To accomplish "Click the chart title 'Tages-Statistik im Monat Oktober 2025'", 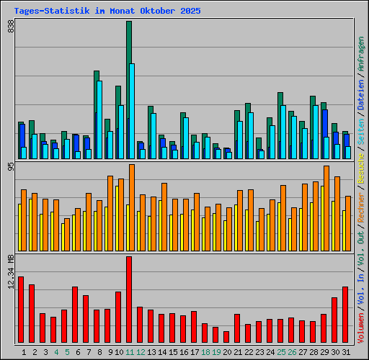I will [x=107, y=12].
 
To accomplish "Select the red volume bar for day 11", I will [x=129, y=300].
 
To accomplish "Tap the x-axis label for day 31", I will [x=345, y=352].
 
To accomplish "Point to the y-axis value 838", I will [x=11, y=27].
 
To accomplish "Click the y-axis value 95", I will [x=11, y=168].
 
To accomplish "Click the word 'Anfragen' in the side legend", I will [x=360, y=53].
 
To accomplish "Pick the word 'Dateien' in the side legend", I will [x=360, y=92].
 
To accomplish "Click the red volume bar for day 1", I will [x=21, y=310].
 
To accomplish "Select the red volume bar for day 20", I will [x=226, y=337].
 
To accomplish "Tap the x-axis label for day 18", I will [x=205, y=352].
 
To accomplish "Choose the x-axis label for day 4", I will [x=56, y=352].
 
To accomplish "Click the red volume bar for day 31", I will [x=345, y=315].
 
